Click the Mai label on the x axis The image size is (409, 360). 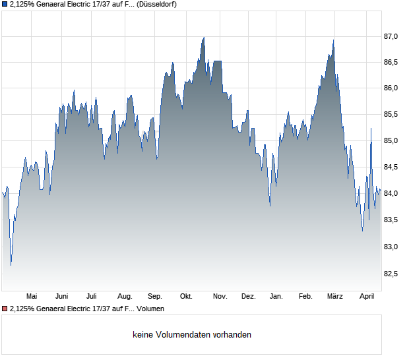point(31,296)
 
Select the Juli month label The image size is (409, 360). point(92,296)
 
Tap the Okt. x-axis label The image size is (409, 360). point(187,296)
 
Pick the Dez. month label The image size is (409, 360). point(248,296)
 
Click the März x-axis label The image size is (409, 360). point(335,296)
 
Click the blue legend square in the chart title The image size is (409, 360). point(5,4)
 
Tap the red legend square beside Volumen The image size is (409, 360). point(5,309)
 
